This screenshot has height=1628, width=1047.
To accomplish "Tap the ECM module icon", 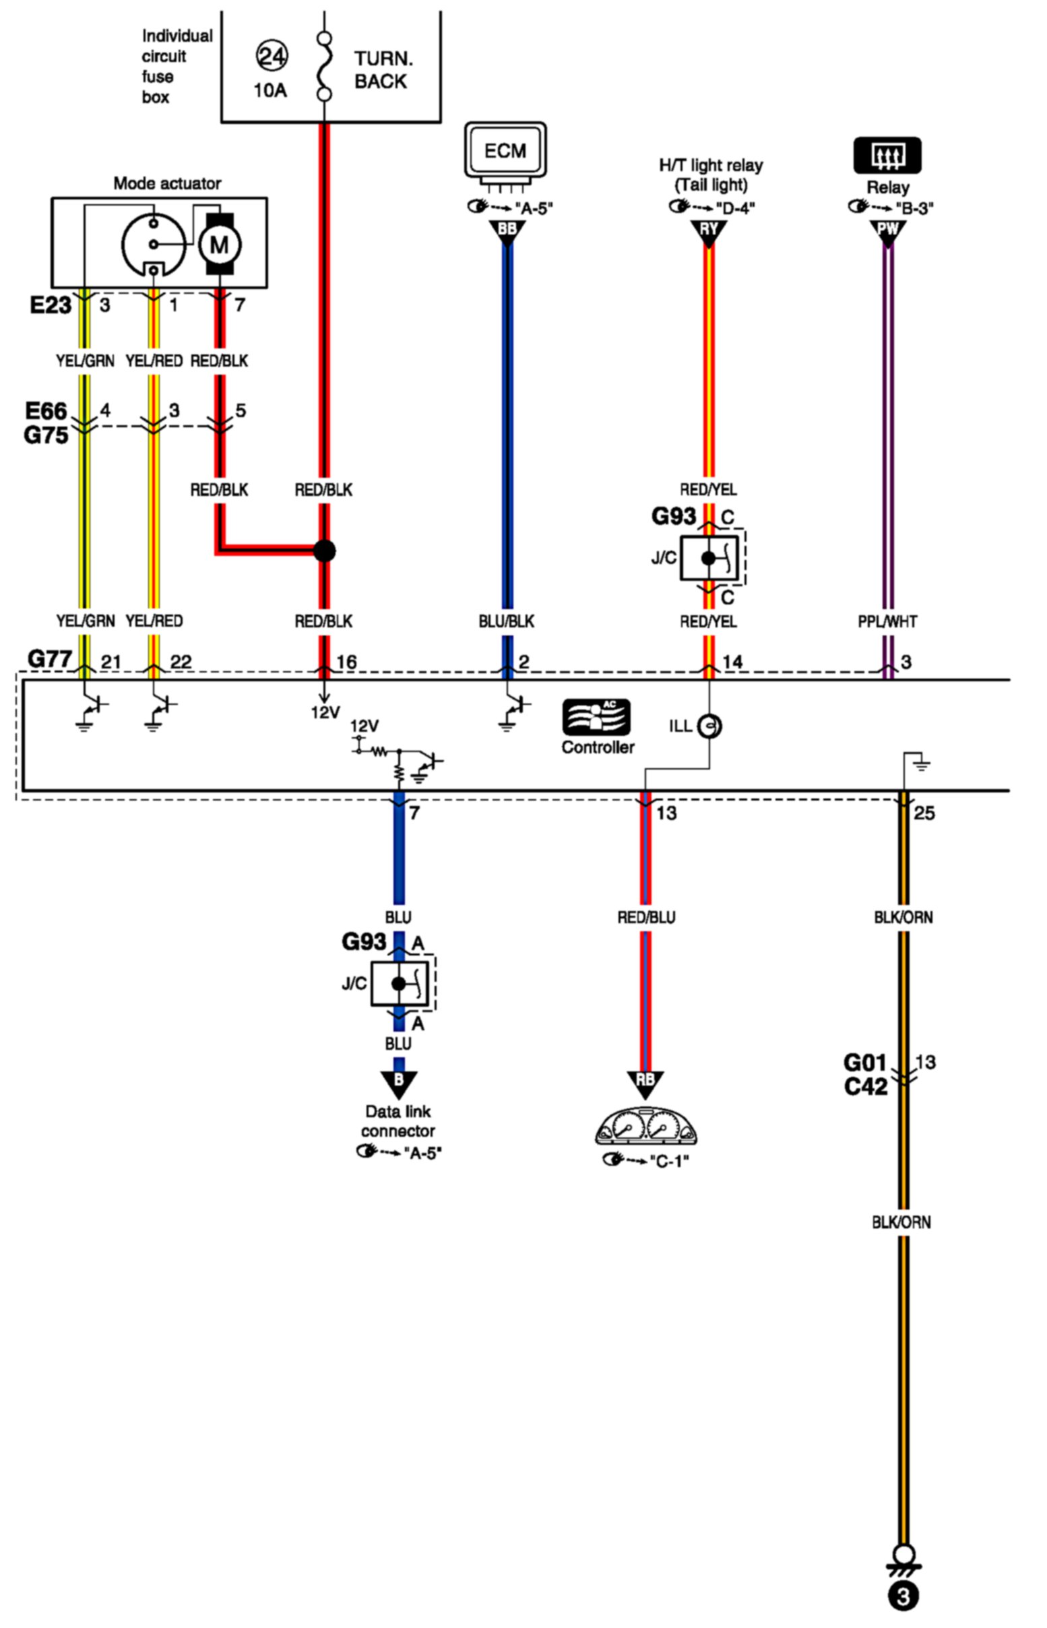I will pos(505,150).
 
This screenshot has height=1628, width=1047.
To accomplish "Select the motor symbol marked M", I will pos(220,244).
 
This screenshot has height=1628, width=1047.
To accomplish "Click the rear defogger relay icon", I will pos(887,156).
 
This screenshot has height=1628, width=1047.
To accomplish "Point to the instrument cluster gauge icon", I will pos(646,1129).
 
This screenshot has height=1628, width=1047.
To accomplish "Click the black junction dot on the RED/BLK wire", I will pos(324,551).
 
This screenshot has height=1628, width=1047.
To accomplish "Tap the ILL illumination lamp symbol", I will pos(710,726).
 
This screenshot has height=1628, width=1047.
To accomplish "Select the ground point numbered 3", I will pos(903,1596).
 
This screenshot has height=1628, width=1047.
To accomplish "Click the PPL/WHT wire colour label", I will pos(887,621).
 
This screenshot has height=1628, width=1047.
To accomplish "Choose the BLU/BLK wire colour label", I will pos(507,621).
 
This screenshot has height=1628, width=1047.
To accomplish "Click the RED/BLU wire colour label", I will pos(646,918).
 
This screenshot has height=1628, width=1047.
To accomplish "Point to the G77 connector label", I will pos(49,658).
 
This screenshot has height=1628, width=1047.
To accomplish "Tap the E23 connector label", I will pos(51,306).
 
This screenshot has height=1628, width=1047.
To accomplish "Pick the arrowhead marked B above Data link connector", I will pos(398,1082).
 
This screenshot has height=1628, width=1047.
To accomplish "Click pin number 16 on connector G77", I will pos(347,662).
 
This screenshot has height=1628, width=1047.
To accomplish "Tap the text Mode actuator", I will pos(167,183).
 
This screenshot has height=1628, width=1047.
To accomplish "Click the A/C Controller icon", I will pos(597,717).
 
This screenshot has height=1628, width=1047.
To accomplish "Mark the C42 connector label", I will pos(866,1088).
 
